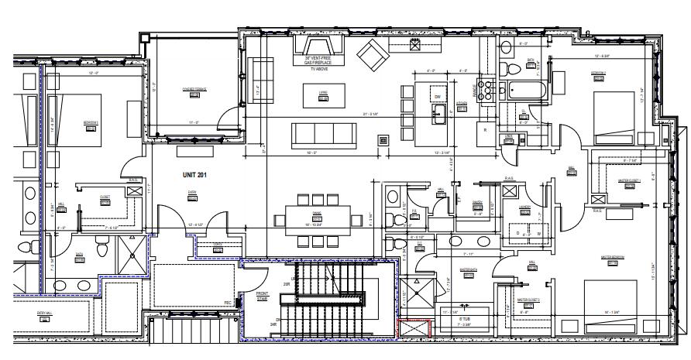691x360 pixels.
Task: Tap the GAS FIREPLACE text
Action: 319,63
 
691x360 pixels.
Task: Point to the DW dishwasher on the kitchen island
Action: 438,96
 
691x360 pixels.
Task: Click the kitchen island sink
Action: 438,117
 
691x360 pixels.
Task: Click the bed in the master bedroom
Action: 613,299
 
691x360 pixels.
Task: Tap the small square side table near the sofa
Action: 382,139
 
